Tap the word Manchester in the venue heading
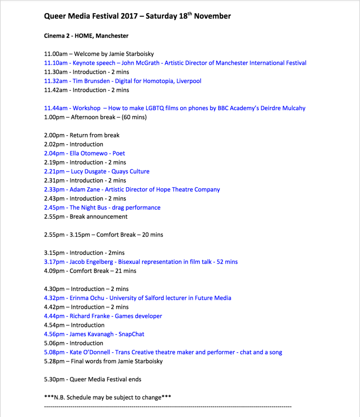(x=112, y=36)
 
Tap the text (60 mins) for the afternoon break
(x=134, y=117)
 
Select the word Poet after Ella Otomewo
(x=118, y=153)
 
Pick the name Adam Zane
(x=85, y=189)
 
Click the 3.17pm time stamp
(x=54, y=262)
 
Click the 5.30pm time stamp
(x=54, y=379)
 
